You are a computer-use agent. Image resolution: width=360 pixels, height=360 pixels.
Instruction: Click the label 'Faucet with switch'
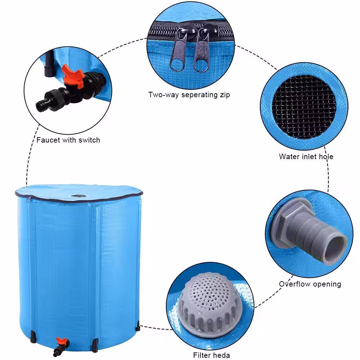68,140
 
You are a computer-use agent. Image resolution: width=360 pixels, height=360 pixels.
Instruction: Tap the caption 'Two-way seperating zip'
189,95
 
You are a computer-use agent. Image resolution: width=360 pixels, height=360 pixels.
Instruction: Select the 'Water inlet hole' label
306,157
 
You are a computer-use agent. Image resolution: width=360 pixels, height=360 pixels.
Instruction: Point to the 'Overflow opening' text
310,284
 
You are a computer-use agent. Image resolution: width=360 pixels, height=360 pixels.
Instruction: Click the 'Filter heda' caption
211,355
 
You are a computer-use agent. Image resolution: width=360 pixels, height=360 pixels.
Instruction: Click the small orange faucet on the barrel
60,341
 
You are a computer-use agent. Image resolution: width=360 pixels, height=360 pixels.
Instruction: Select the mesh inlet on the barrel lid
77,196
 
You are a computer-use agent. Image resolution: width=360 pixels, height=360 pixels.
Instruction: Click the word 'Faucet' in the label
48,140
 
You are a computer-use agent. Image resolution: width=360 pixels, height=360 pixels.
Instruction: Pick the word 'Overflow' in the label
293,284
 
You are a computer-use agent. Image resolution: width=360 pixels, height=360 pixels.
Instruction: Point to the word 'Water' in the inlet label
288,157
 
